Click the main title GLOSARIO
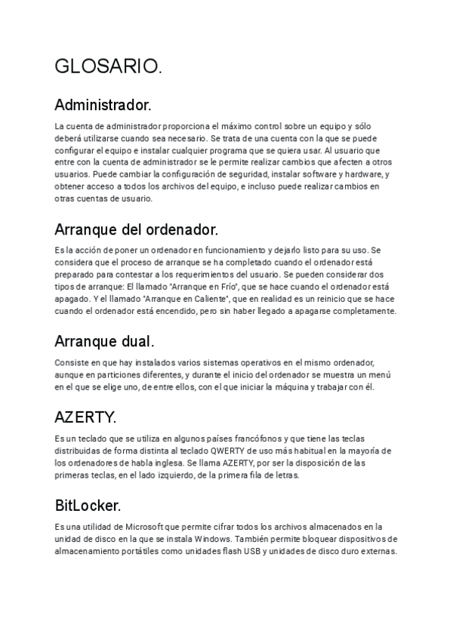(x=108, y=67)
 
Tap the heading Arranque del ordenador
(x=137, y=229)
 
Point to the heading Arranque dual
(x=105, y=341)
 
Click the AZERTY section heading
(x=86, y=417)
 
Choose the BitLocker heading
(x=88, y=505)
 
